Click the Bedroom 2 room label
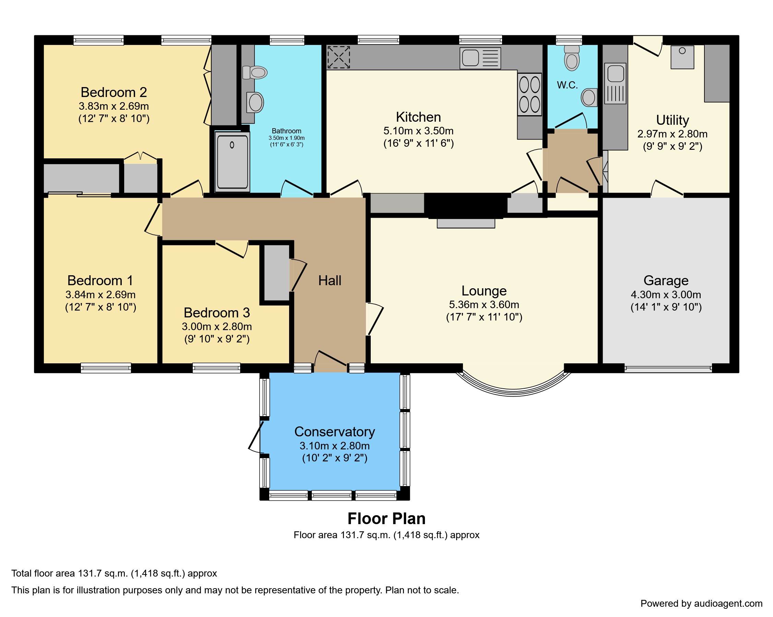pyautogui.click(x=114, y=93)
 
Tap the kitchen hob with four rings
pyautogui.click(x=529, y=95)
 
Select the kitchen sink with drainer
pyautogui.click(x=480, y=58)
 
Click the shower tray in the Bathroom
pyautogui.click(x=232, y=161)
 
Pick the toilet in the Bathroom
pyautogui.click(x=254, y=73)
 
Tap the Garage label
pyautogui.click(x=666, y=280)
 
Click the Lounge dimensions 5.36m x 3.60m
pyautogui.click(x=484, y=305)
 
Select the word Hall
pyautogui.click(x=330, y=280)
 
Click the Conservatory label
pyautogui.click(x=334, y=432)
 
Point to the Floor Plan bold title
pyautogui.click(x=386, y=519)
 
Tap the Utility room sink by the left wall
pyautogui.click(x=615, y=84)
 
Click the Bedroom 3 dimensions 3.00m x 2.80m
pyautogui.click(x=216, y=326)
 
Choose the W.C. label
pyautogui.click(x=567, y=85)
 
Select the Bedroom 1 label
pyautogui.click(x=100, y=280)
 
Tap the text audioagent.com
pyautogui.click(x=728, y=603)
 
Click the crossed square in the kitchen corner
pyautogui.click(x=338, y=57)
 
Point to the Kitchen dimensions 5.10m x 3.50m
pyautogui.click(x=418, y=131)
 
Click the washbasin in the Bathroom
pyautogui.click(x=255, y=102)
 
